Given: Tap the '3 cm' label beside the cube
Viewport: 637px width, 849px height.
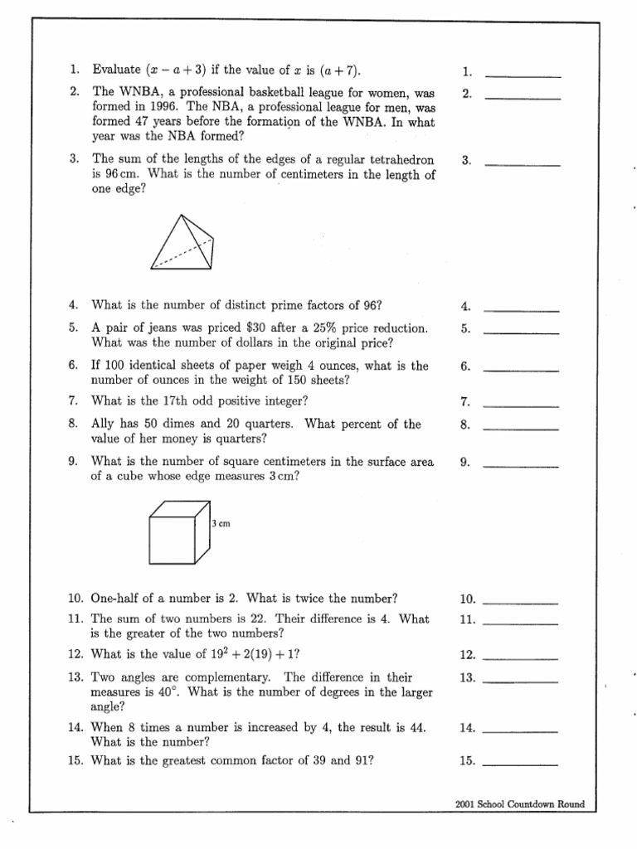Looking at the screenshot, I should pos(221,525).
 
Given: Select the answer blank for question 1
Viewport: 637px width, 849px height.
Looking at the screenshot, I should pos(523,75).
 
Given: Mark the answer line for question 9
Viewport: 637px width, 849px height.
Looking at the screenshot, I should pos(521,466).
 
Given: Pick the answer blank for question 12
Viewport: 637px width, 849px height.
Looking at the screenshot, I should pos(520,658).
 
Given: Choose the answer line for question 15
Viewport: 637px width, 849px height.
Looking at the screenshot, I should pos(520,763).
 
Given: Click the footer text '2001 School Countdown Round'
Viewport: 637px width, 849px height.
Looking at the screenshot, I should pos(520,804).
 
